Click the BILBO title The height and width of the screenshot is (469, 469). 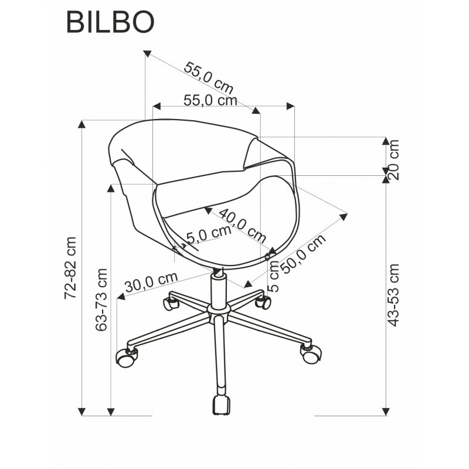point(110,23)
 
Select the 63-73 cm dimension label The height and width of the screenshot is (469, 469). point(101,300)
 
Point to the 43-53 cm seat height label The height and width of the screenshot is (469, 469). point(393,295)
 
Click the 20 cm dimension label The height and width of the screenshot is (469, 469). point(393,159)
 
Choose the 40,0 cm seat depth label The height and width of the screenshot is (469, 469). point(243,226)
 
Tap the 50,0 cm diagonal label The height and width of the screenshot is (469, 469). point(303,254)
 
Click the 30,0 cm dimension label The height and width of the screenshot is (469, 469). point(151,283)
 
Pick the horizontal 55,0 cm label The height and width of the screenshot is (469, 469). point(210,101)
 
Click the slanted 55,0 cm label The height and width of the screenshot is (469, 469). point(209,78)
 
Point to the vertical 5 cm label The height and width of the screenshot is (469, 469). point(273,276)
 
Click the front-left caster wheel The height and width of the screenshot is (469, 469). point(127,358)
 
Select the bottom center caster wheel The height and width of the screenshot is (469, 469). point(222,405)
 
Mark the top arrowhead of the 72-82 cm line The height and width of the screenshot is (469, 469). point(81,124)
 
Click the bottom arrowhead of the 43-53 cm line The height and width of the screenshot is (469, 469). point(386,412)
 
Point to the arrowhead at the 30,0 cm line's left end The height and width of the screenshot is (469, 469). point(121,296)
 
